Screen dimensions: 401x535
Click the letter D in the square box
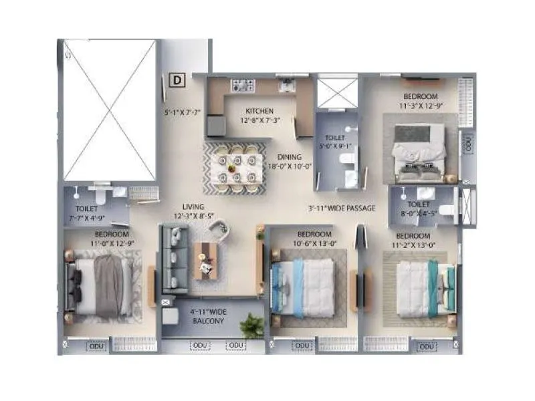point(177,81)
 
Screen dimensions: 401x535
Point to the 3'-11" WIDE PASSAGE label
point(342,209)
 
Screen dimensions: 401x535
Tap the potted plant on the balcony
point(252,326)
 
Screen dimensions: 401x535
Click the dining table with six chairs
point(235,168)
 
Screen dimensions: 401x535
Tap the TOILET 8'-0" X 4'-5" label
point(419,209)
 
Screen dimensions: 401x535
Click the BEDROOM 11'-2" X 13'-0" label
point(413,241)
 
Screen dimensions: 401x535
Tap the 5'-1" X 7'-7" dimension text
point(182,112)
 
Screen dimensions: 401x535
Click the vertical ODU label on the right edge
point(468,144)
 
